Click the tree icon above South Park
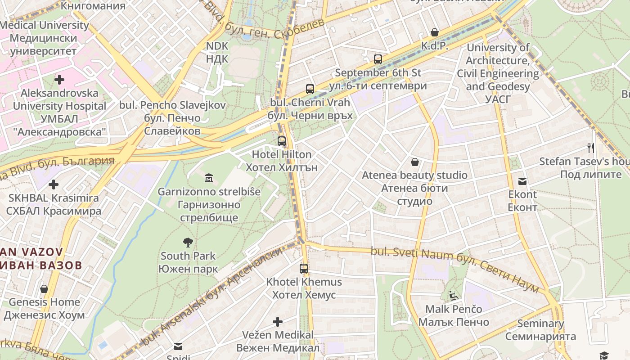click(188, 243)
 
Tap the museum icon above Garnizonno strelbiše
click(209, 179)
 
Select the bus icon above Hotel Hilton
click(282, 141)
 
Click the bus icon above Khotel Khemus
click(304, 269)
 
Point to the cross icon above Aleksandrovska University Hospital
click(59, 80)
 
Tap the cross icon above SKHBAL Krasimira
click(54, 184)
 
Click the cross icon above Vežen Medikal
click(278, 322)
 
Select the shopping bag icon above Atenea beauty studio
click(414, 162)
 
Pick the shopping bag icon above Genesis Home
click(44, 288)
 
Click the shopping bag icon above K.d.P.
click(435, 32)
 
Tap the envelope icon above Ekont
click(522, 181)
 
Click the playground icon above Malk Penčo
click(454, 296)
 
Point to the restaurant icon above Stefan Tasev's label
click(591, 148)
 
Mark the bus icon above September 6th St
click(378, 59)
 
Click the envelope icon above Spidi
click(179, 346)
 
